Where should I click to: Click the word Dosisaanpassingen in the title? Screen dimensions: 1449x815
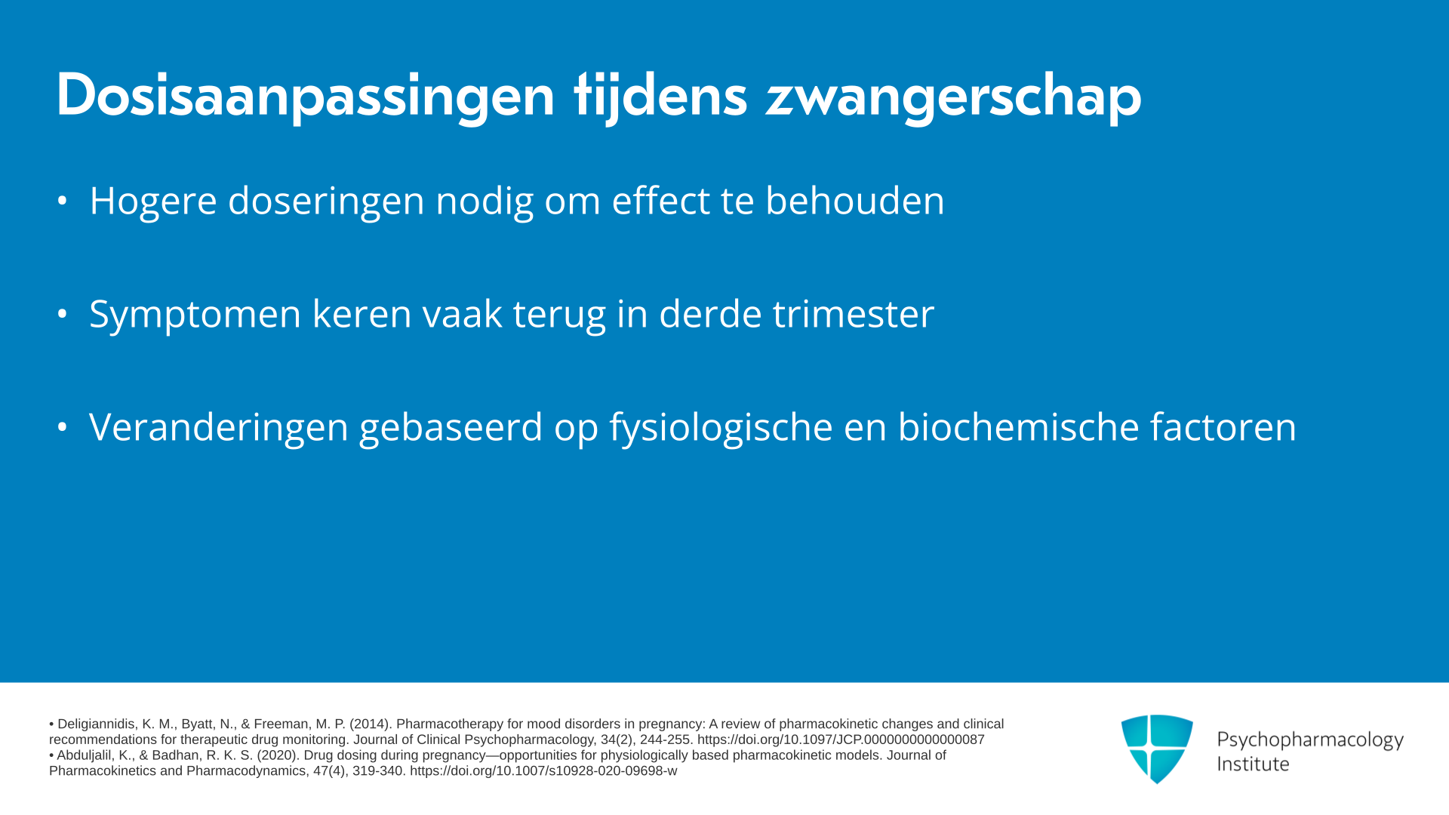click(x=306, y=97)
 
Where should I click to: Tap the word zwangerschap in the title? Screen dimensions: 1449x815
click(x=953, y=97)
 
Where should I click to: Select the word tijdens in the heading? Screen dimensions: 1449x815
click(x=660, y=97)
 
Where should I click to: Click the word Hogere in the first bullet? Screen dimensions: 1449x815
click(x=153, y=201)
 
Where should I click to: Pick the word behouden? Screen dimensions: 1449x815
click(x=855, y=200)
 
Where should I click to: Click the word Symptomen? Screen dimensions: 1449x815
click(x=195, y=315)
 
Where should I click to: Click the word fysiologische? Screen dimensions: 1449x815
click(x=721, y=428)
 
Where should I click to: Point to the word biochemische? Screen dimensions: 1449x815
click(x=1018, y=426)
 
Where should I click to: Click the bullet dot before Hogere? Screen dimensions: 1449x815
click(x=63, y=201)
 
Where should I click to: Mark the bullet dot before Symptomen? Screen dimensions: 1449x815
click(x=63, y=314)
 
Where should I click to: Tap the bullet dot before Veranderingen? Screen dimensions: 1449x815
click(x=63, y=427)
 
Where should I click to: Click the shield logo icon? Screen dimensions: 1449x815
click(x=1157, y=749)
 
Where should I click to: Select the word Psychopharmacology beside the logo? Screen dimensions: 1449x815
click(x=1310, y=740)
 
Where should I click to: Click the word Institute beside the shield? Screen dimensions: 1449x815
click(x=1253, y=764)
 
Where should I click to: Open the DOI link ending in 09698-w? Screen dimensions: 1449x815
click(x=543, y=771)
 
